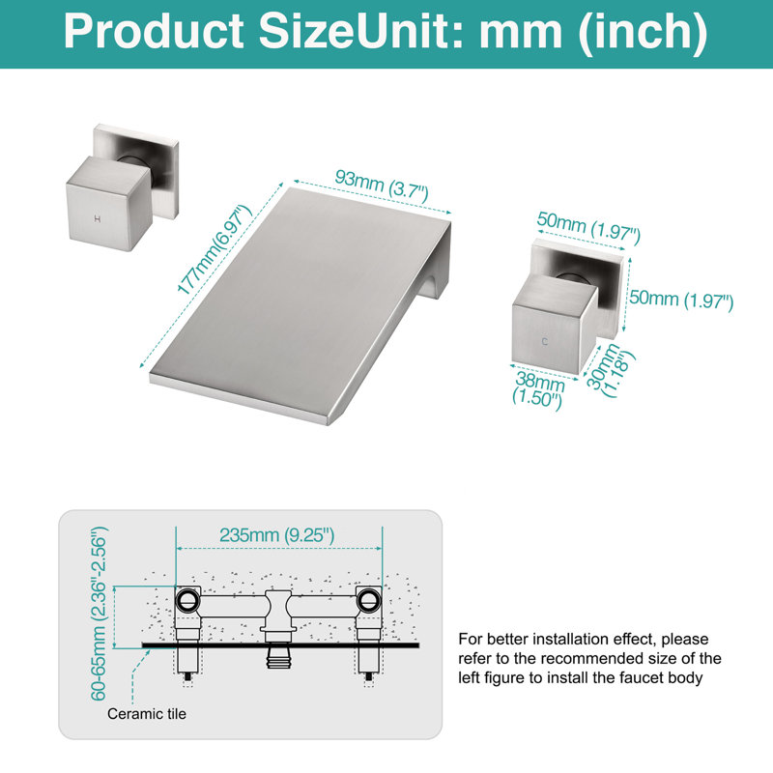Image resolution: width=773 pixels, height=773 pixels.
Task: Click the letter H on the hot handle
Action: tap(98, 219)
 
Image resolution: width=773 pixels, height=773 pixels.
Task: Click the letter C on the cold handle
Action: tap(544, 341)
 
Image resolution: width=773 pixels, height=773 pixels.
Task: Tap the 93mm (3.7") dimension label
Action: tap(381, 185)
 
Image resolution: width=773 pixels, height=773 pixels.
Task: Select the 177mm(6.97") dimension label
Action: tap(214, 250)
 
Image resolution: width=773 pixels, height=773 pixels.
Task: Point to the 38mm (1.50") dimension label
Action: tap(539, 390)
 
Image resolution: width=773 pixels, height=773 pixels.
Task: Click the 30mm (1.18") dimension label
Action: tap(610, 369)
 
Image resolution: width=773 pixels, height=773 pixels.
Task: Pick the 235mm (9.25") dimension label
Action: tap(276, 535)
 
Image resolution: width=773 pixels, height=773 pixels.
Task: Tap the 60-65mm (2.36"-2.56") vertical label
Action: tap(99, 614)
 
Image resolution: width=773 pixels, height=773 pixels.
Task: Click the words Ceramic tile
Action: tap(147, 714)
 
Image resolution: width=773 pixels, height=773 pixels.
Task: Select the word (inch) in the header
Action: tap(643, 33)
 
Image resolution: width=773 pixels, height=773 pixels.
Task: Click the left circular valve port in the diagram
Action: tap(186, 600)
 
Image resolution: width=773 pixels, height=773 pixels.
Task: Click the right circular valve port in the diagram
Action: tap(368, 600)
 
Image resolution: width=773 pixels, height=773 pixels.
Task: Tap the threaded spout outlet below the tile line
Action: tap(278, 658)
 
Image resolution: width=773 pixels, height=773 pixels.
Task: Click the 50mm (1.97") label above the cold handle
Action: tap(588, 227)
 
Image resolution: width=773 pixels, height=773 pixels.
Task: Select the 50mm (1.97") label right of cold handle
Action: tap(681, 300)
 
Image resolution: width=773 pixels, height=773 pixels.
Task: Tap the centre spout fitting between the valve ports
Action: tap(278, 616)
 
